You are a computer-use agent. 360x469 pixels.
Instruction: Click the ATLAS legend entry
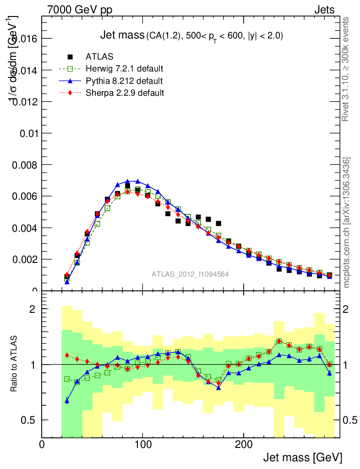(x=100, y=57)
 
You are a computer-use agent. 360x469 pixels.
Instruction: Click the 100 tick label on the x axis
(x=143, y=445)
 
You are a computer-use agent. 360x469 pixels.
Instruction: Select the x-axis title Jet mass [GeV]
(x=302, y=458)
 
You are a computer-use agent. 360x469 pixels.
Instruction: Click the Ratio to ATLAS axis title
(x=15, y=364)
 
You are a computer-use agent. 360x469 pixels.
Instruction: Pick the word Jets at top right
(x=324, y=10)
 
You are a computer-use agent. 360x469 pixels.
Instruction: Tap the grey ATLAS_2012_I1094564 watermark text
(x=190, y=274)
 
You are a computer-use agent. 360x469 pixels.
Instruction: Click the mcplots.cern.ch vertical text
(x=347, y=223)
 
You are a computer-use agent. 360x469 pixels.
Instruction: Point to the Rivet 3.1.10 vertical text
(x=347, y=69)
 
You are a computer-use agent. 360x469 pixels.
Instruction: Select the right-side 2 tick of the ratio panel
(x=352, y=309)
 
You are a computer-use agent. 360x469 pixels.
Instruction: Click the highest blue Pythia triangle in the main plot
(x=128, y=181)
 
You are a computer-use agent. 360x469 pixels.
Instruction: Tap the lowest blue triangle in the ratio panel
(x=67, y=401)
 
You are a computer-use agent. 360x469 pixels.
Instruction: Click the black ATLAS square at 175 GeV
(x=218, y=224)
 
